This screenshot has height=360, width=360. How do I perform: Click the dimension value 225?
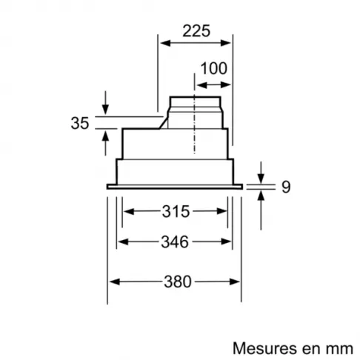point(196,31)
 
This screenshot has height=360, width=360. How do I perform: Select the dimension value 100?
point(213,69)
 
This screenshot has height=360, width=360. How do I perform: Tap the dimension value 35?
point(80,124)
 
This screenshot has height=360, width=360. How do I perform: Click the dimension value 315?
point(175,211)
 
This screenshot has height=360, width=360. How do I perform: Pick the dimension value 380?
point(175,281)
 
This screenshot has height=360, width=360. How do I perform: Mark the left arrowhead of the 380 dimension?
point(113,281)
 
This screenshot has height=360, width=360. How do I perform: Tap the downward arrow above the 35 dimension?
point(105,110)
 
